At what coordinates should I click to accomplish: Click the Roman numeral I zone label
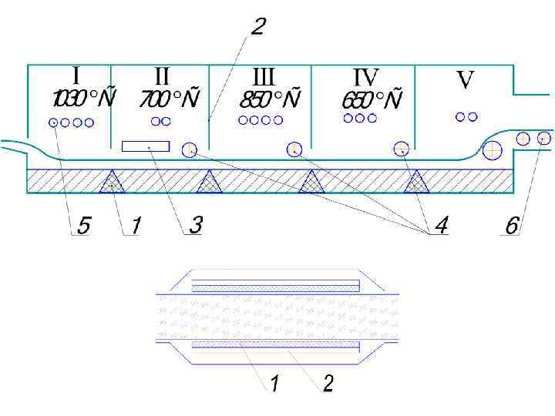click(x=76, y=75)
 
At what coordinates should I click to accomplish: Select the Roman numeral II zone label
click(x=162, y=76)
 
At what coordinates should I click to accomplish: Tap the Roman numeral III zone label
click(x=264, y=77)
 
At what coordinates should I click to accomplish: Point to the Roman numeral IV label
click(x=366, y=77)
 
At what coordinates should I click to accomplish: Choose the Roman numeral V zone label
click(x=465, y=79)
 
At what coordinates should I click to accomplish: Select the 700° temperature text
click(x=169, y=99)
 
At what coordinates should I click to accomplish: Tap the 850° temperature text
click(x=269, y=100)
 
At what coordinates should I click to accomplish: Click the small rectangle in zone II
click(x=146, y=146)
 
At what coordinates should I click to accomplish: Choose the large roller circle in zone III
click(x=294, y=149)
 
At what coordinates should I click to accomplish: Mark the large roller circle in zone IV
click(x=401, y=149)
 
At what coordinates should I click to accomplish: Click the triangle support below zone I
click(x=113, y=182)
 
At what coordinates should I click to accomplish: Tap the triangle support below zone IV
click(x=416, y=182)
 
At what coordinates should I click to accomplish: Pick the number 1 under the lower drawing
click(x=274, y=383)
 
